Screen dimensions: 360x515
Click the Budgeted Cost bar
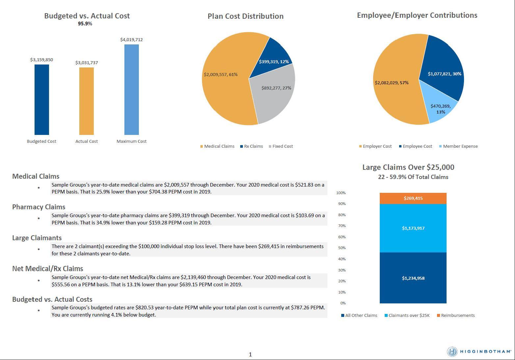42,99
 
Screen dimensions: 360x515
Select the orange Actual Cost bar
87,101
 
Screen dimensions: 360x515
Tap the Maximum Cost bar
132,90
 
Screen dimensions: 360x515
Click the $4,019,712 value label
132,40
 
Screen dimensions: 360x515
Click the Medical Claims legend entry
217,146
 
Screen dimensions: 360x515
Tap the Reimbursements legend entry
456,316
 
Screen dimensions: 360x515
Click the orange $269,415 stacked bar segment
413,198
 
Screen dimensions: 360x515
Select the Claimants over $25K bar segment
413,228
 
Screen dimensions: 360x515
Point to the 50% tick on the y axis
341,248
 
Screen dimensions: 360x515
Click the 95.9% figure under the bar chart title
85,24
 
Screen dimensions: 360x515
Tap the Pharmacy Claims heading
39,207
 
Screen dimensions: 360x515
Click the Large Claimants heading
37,238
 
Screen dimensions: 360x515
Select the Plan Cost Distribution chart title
245,16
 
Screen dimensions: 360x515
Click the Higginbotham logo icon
452,351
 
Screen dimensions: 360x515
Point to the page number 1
250,354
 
